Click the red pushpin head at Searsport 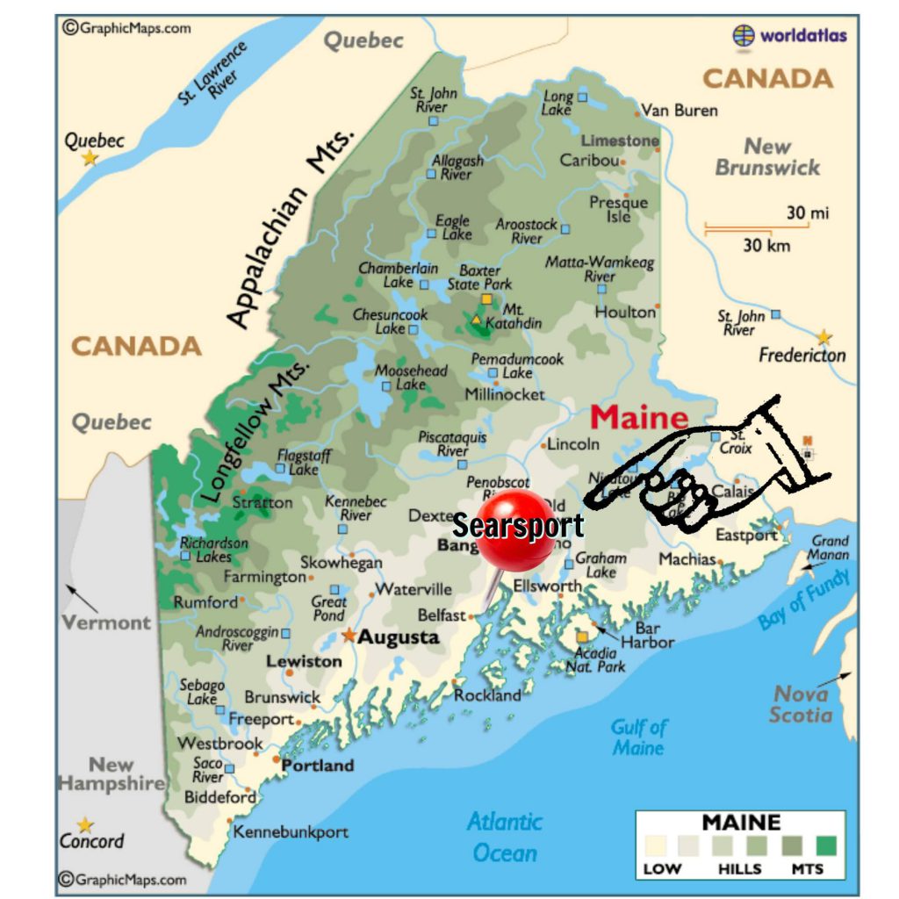516,529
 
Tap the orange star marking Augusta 349,635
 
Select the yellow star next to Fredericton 823,337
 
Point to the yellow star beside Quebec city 90,159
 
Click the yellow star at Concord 85,825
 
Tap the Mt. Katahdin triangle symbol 477,320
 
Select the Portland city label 317,766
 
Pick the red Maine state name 638,416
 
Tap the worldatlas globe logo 744,36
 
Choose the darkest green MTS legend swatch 824,845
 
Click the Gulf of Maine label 639,737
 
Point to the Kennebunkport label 290,831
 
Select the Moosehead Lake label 411,378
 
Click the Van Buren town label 679,111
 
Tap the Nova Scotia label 801,704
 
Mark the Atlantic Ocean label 505,837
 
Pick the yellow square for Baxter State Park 485,299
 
